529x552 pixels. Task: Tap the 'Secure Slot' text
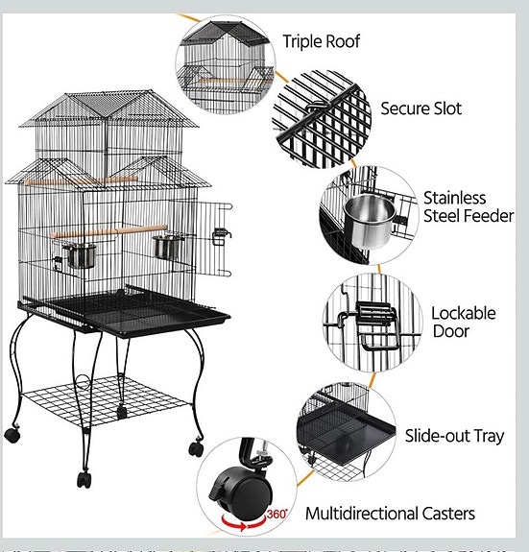[x=421, y=108]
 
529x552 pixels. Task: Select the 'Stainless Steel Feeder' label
[x=468, y=207]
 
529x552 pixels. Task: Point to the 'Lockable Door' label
[x=463, y=322]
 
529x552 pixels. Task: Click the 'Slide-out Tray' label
[x=454, y=436]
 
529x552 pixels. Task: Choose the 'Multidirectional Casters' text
[x=389, y=514]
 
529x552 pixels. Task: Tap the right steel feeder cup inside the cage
[x=167, y=248]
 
